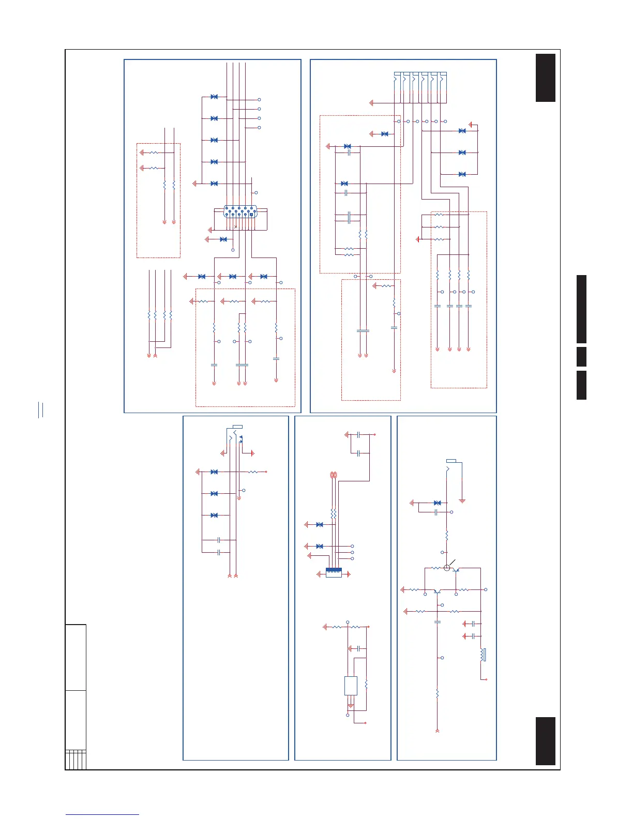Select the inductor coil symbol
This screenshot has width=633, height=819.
point(483,655)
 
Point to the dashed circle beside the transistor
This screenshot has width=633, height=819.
point(447,568)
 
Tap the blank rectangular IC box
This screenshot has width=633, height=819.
point(351,686)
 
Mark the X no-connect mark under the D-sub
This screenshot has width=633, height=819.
point(235,226)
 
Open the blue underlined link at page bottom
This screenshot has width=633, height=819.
point(102,814)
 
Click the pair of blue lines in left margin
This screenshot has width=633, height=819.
point(40,410)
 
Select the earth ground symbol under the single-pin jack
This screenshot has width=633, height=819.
point(462,501)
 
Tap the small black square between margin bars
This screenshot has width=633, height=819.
point(581,357)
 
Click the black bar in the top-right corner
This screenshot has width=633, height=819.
point(546,78)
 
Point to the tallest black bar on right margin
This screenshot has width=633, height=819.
point(581,309)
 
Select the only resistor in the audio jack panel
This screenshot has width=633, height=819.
point(253,472)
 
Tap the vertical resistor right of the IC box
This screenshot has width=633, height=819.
point(366,684)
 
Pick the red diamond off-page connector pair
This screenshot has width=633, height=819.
point(334,474)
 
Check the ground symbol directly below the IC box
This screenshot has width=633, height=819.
point(351,706)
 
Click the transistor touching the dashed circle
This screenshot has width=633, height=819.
point(456,569)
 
